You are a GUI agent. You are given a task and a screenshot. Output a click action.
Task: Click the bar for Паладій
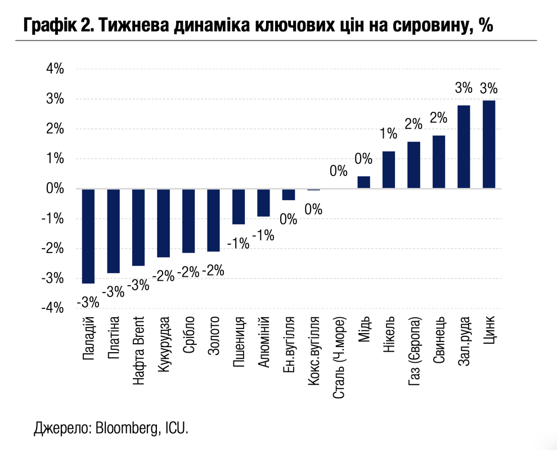coord(89,236)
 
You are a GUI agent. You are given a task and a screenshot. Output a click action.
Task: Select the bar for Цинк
coord(488,145)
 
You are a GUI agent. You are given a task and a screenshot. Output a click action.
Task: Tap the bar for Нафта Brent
coord(138,227)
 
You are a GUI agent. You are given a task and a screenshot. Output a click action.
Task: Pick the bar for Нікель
coord(388,170)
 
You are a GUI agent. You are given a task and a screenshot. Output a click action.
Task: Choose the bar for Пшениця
coord(239,206)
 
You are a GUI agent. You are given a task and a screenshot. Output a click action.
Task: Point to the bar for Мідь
coord(363,182)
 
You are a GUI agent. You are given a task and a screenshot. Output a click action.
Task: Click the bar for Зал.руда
coord(464,147)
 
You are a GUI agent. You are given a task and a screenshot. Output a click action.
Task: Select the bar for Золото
coord(214,220)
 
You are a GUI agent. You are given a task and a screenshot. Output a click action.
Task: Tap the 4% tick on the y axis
coord(55,69)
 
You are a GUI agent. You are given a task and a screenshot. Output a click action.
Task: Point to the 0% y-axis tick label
coord(55,188)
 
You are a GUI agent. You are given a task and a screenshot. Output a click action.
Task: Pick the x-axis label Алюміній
coord(263,343)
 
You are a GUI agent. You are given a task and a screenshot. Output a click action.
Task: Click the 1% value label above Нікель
coord(388,134)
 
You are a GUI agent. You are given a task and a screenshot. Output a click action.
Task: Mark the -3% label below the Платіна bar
coord(114,292)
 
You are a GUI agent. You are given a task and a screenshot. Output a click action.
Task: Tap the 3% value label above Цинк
coord(488,88)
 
